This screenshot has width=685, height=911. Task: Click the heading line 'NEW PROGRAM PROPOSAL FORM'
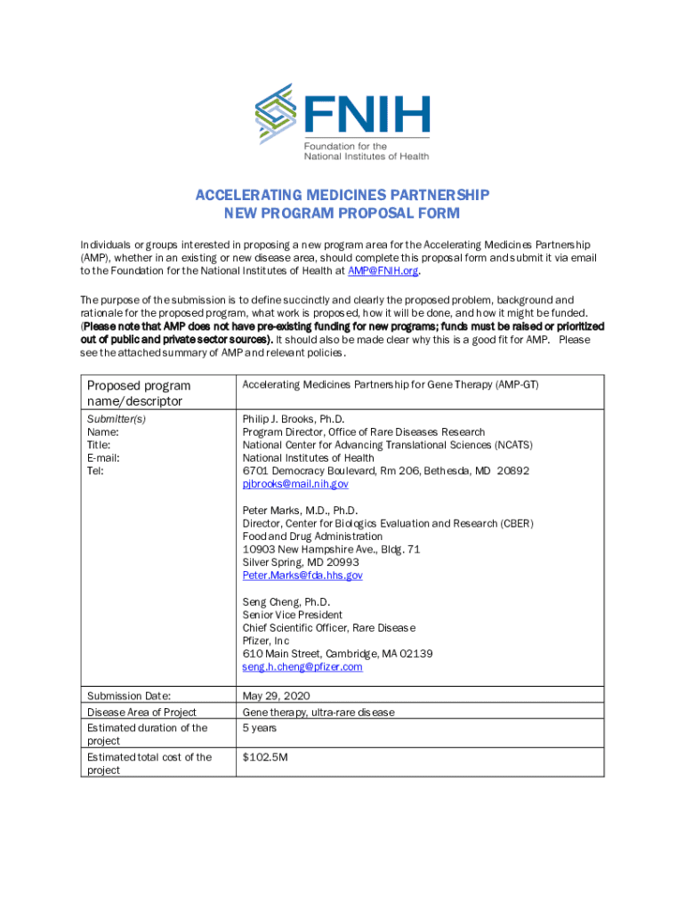342,213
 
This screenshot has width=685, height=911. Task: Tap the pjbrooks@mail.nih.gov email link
295,484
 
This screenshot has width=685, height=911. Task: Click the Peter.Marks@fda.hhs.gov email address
302,576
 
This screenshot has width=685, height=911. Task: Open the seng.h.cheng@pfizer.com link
302,666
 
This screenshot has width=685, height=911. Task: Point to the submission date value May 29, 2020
276,696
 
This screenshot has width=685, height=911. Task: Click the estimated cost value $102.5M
264,757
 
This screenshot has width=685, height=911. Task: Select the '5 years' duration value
260,728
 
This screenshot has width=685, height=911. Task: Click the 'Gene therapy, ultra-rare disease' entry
318,712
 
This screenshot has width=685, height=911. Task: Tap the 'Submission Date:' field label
128,696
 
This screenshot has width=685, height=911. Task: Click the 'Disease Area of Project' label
141,712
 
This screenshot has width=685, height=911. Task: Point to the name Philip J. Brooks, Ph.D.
294,419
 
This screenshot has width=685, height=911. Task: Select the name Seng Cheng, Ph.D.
286,602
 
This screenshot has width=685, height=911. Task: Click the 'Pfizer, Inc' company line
266,641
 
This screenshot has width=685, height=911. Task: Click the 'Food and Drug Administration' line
312,536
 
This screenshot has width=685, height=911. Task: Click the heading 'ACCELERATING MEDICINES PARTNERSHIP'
342,195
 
